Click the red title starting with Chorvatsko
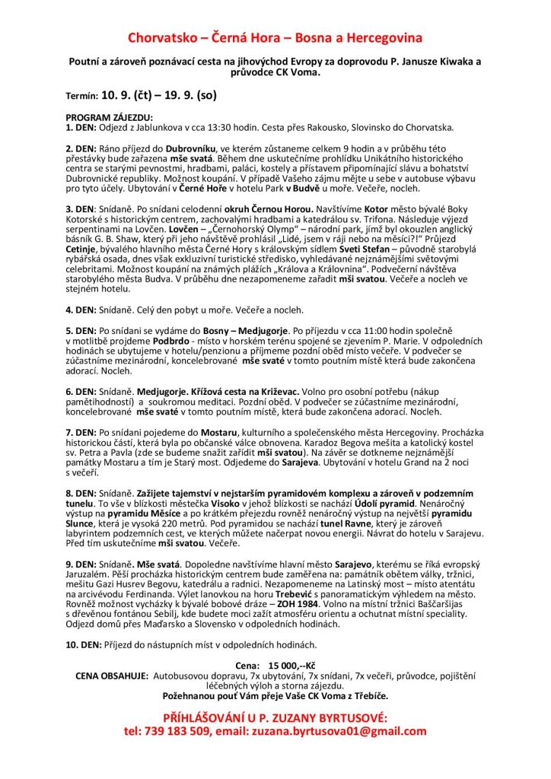pos(275,37)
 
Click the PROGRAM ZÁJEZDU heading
pos(110,118)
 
